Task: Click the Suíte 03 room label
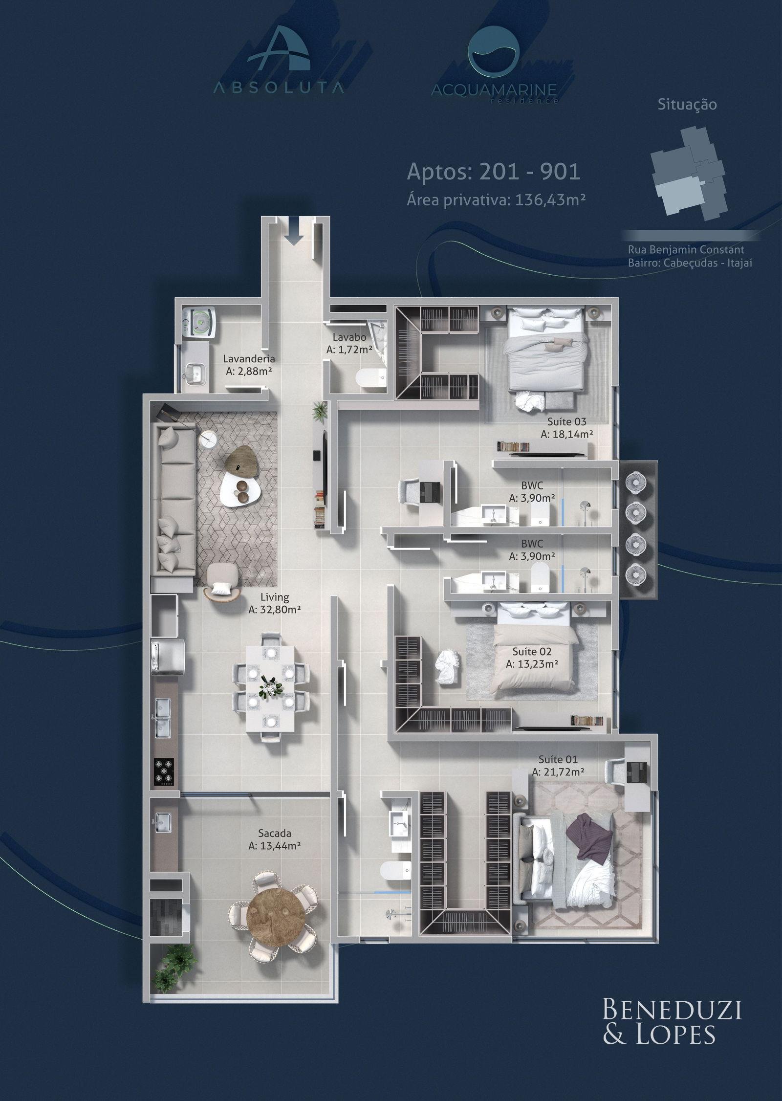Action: click(x=566, y=421)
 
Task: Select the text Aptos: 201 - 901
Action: click(x=494, y=172)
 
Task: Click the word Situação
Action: click(x=687, y=104)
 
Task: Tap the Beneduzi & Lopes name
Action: click(x=672, y=1046)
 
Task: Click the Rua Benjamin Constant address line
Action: click(x=686, y=250)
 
